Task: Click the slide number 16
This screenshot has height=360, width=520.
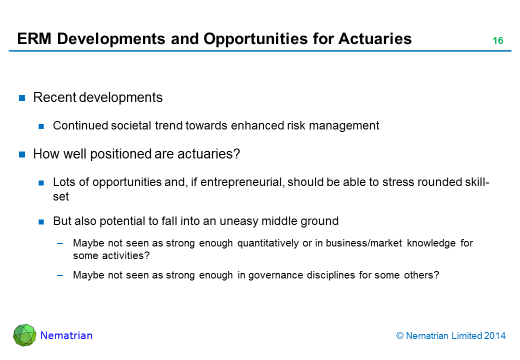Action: point(498,40)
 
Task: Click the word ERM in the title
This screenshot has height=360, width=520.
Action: point(34,39)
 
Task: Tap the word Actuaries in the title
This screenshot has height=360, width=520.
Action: point(375,39)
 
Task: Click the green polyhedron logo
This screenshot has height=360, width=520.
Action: point(24,335)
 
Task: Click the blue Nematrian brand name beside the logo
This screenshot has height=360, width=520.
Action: point(66,335)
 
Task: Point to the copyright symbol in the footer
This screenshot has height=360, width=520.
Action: point(399,336)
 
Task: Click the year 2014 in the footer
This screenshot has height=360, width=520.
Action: point(495,336)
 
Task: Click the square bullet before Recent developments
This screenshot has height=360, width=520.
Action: point(22,98)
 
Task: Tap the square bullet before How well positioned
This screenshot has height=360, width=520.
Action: point(22,154)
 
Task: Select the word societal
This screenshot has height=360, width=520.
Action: point(131,125)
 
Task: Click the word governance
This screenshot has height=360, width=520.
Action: point(275,275)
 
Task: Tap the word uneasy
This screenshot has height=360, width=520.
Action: point(239,221)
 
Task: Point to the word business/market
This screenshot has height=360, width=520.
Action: point(364,243)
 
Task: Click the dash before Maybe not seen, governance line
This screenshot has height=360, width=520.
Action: point(60,275)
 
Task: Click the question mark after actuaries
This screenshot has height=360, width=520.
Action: point(236,154)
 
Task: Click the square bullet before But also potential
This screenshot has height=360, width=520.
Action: point(41,222)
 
